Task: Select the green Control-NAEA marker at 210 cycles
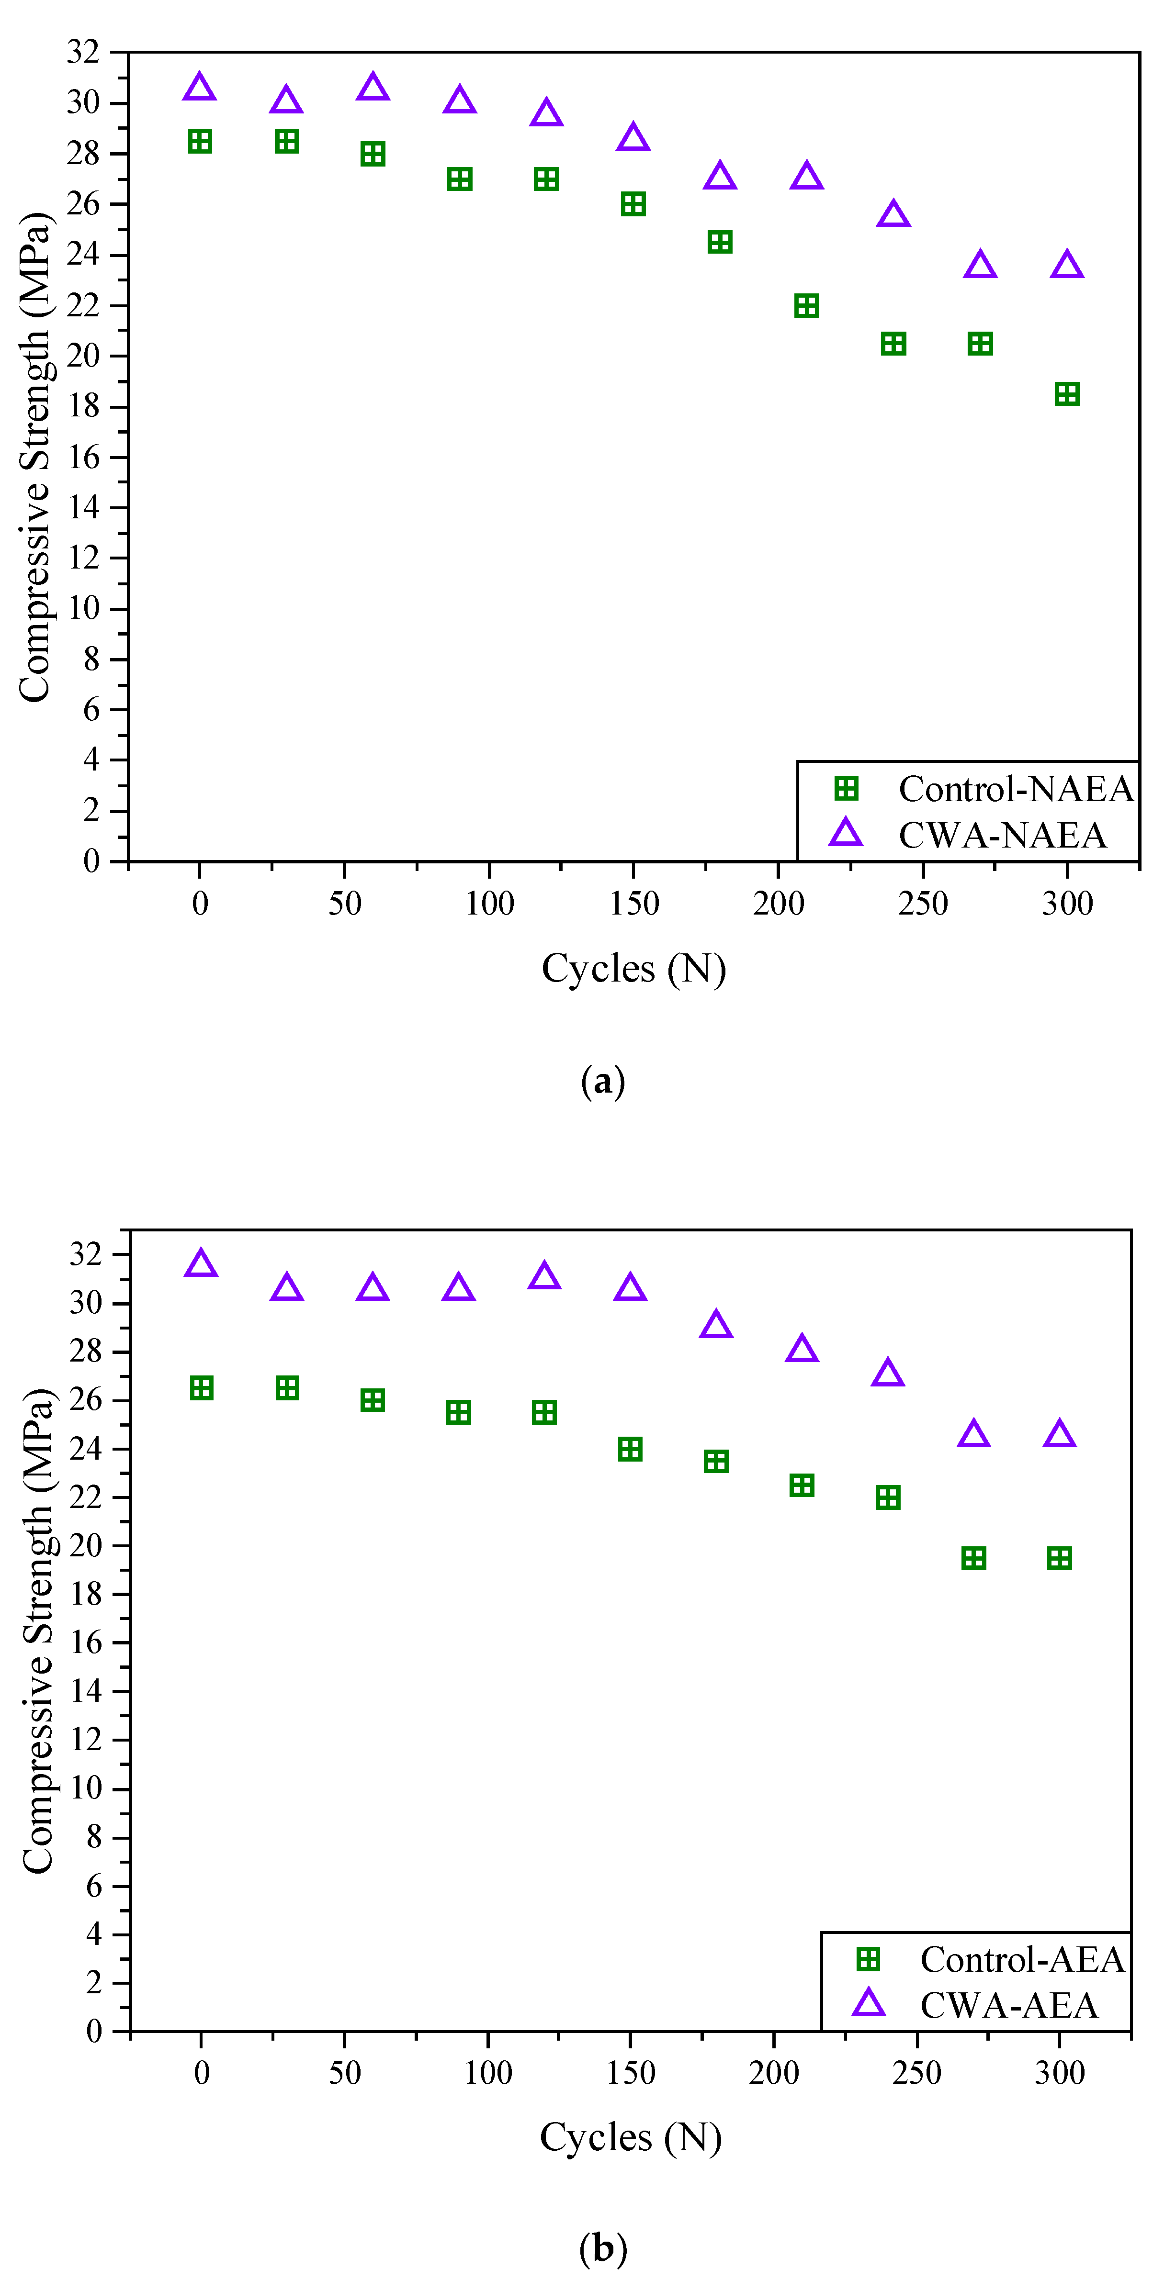click(x=806, y=306)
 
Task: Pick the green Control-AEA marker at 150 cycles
click(x=630, y=1449)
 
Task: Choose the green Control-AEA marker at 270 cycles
click(x=973, y=1558)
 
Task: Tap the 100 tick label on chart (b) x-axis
click(x=487, y=2073)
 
